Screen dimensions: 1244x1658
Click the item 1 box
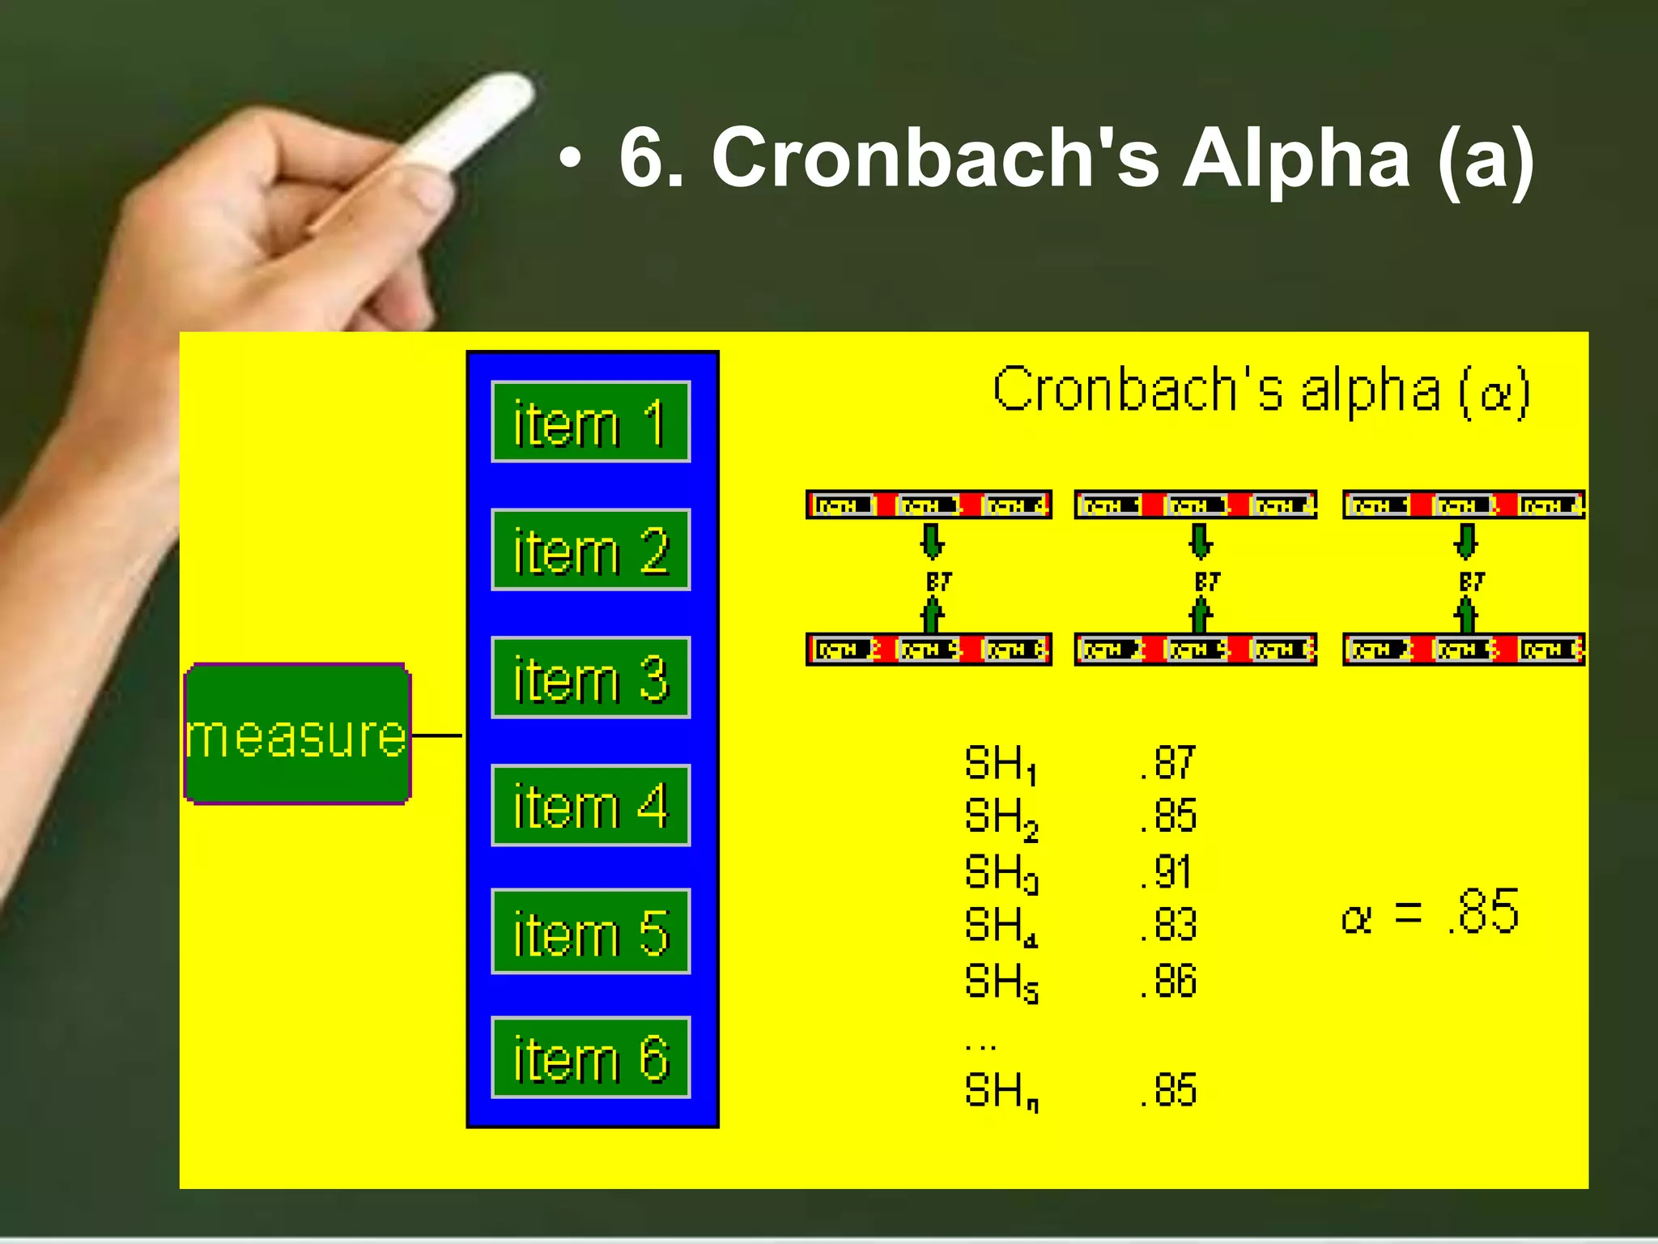(590, 422)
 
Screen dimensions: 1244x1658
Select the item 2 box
(590, 550)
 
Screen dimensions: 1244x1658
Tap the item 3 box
(590, 678)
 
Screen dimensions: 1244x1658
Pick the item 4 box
(590, 806)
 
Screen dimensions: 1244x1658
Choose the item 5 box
(590, 931)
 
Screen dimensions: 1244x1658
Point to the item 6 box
(590, 1058)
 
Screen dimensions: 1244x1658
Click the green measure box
(298, 734)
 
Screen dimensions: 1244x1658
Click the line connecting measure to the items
(437, 735)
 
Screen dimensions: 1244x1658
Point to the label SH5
(1001, 982)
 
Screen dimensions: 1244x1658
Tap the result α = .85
(1430, 913)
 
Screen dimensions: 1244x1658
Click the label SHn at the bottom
(1001, 1090)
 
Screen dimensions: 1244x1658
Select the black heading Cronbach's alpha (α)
(1261, 391)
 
